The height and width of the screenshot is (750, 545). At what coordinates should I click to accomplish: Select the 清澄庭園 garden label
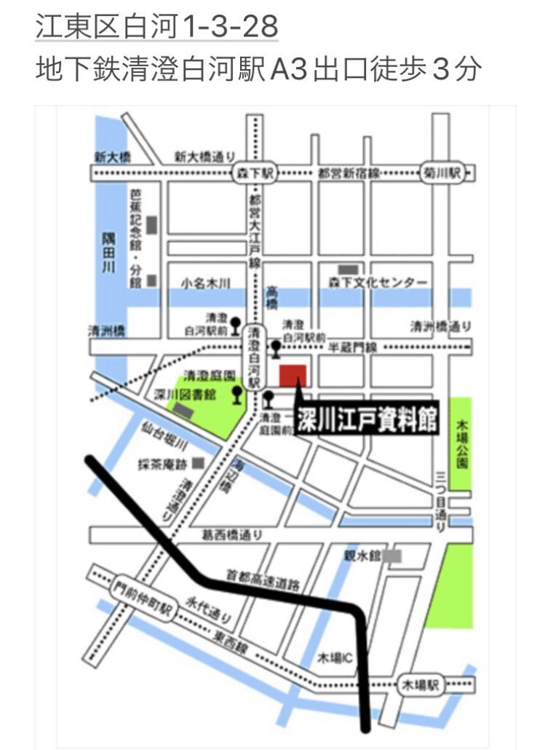[x=210, y=375]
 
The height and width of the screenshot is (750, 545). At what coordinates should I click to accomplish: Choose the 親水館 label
[x=363, y=556]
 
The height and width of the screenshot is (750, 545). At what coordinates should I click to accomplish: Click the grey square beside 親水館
[x=393, y=556]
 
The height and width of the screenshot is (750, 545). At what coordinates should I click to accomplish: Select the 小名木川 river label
[x=206, y=283]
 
